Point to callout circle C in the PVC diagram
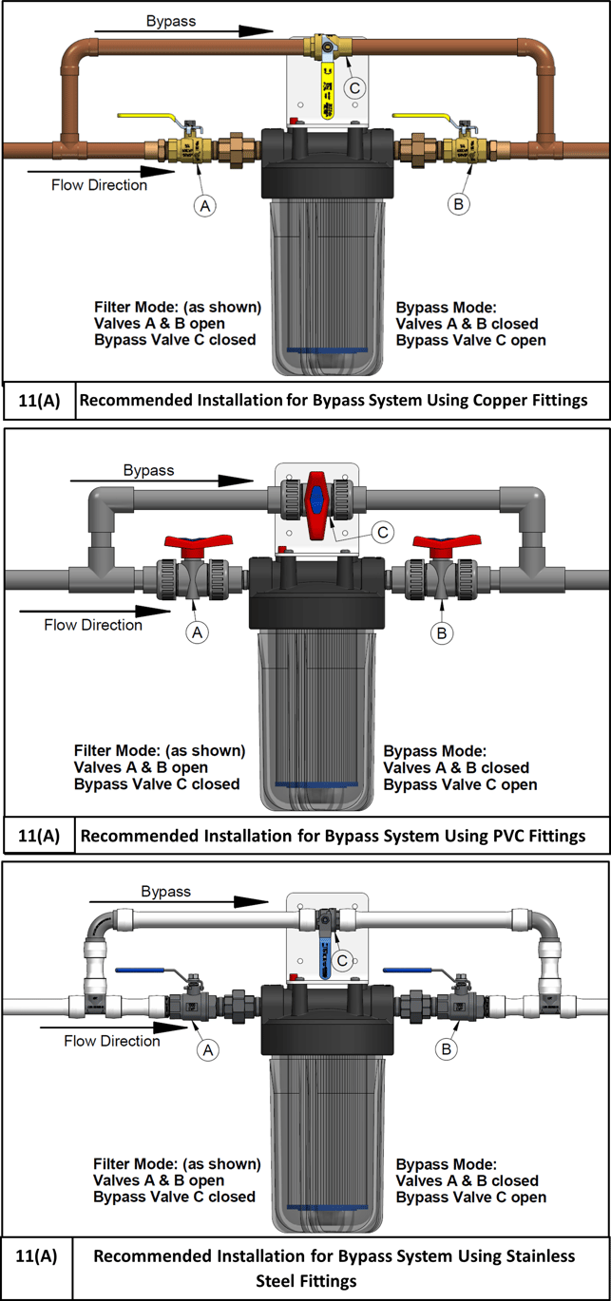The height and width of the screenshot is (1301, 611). [382, 533]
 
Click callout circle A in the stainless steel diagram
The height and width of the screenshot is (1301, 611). [206, 1048]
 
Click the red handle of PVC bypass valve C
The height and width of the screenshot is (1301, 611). [315, 500]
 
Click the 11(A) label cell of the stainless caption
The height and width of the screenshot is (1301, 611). [37, 1256]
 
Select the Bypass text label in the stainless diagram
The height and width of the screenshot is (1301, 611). [165, 892]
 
